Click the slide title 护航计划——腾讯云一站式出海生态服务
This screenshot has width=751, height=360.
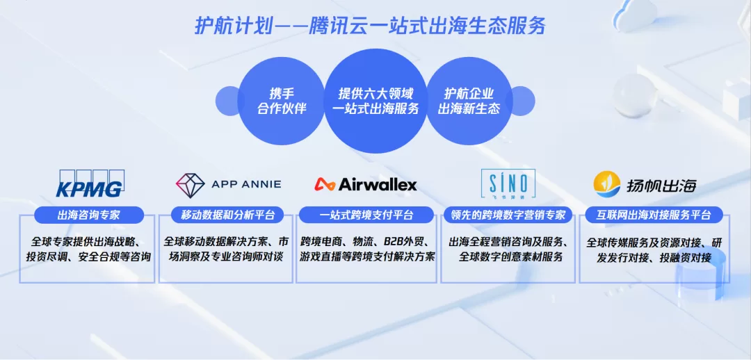click(x=370, y=26)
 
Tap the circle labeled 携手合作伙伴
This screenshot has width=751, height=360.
click(x=282, y=101)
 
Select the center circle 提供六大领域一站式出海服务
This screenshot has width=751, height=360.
click(x=375, y=101)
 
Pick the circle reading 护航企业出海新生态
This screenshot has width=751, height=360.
click(x=469, y=101)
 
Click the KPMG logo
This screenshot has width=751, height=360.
click(x=90, y=183)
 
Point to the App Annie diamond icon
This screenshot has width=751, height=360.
click(x=190, y=186)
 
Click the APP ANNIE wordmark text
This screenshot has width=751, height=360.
click(x=246, y=184)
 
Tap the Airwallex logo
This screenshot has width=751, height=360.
click(x=366, y=184)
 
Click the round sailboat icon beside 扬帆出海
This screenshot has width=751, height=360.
click(x=607, y=184)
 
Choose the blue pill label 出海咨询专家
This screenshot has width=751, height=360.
click(x=88, y=215)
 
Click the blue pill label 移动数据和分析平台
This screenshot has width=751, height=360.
click(x=227, y=215)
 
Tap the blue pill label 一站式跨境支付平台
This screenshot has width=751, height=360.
click(x=366, y=215)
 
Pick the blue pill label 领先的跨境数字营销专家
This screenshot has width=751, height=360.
click(x=508, y=215)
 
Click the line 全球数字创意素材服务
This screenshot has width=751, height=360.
click(x=510, y=257)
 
